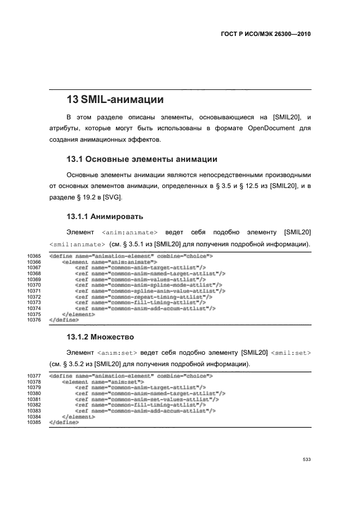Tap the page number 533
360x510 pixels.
point(307,459)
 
